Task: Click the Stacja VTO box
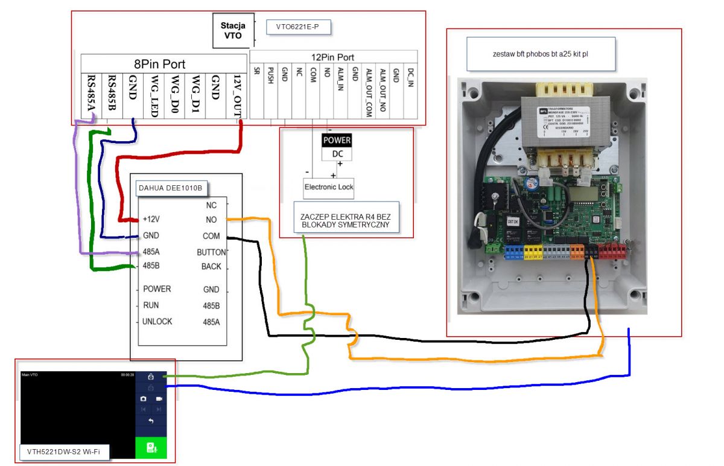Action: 233,31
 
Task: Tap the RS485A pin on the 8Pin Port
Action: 92,93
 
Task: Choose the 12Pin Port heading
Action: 334,57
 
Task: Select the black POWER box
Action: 337,140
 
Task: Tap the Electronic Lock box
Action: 329,187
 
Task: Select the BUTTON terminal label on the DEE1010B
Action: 211,252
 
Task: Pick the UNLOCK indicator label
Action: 157,321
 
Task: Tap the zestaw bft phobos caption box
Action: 541,54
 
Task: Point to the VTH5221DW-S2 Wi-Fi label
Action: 55,450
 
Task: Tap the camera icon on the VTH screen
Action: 144,399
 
